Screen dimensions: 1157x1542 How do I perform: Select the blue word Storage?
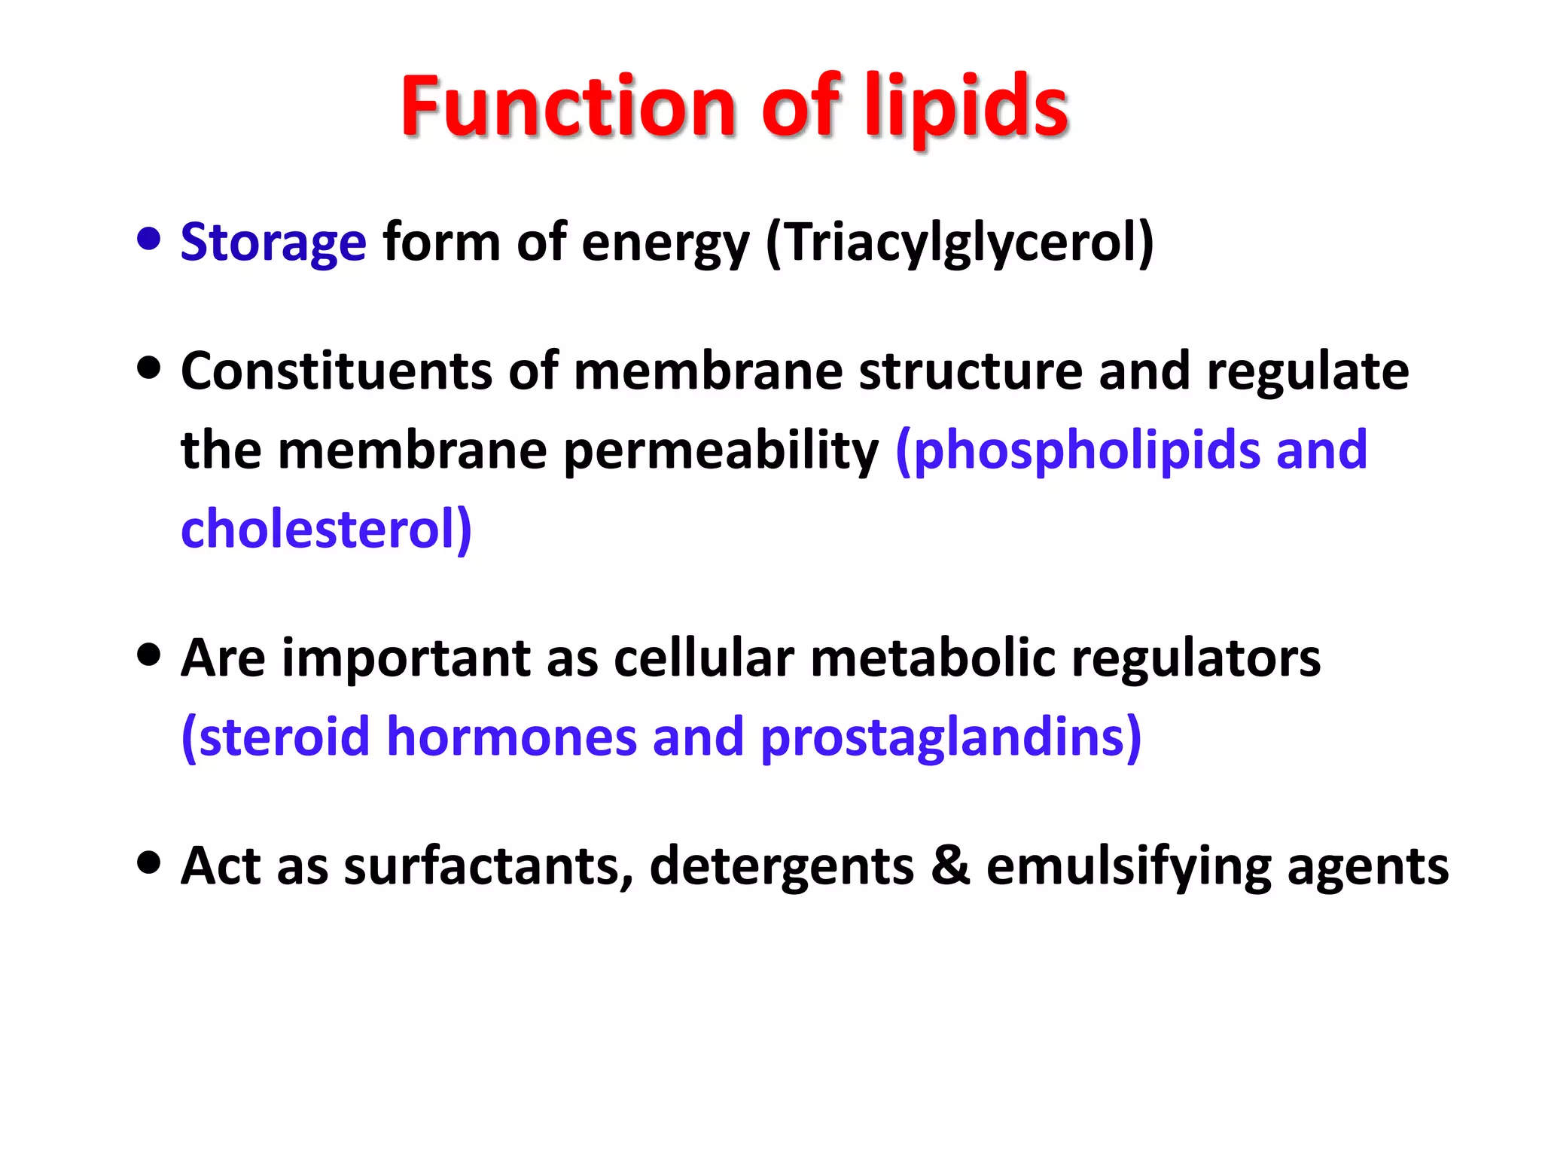(273, 243)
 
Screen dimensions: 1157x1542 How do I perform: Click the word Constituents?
(337, 371)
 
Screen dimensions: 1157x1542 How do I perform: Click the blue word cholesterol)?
(327, 530)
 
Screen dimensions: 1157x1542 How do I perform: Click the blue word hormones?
(512, 737)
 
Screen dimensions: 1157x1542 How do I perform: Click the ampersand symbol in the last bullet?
(950, 865)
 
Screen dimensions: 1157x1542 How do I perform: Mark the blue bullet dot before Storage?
(150, 240)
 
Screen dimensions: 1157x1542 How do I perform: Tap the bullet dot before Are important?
(150, 655)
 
